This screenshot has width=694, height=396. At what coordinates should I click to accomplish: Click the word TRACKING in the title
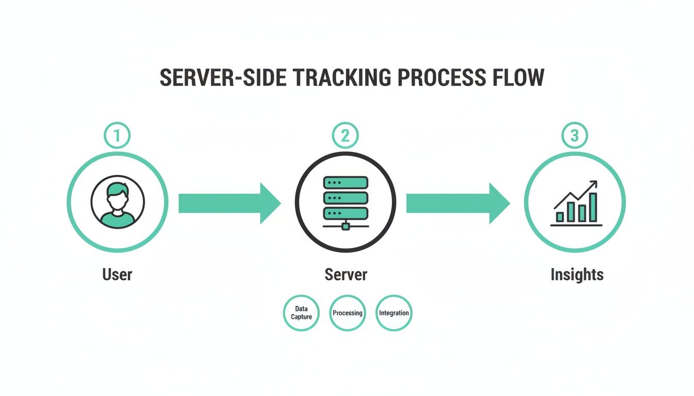[339, 77]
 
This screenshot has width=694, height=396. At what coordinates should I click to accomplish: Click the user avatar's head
[118, 194]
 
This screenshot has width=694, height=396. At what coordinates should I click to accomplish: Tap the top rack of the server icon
[345, 183]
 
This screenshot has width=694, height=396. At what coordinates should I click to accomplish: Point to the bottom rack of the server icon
[345, 213]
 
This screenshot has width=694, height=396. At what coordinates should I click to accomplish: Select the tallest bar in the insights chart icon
[593, 208]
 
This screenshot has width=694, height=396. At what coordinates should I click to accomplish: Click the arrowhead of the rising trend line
[594, 184]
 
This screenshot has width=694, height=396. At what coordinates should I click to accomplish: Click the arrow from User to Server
[229, 203]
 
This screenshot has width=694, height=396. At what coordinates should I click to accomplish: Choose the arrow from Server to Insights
[458, 203]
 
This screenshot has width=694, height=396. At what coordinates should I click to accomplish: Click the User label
[117, 274]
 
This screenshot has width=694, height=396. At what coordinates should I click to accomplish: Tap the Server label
[345, 274]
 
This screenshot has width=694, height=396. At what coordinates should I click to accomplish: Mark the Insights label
[577, 274]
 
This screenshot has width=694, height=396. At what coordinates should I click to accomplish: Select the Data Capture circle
[302, 313]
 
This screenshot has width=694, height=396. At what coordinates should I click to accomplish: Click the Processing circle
[348, 313]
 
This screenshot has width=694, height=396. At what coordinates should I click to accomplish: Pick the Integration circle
[394, 313]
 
